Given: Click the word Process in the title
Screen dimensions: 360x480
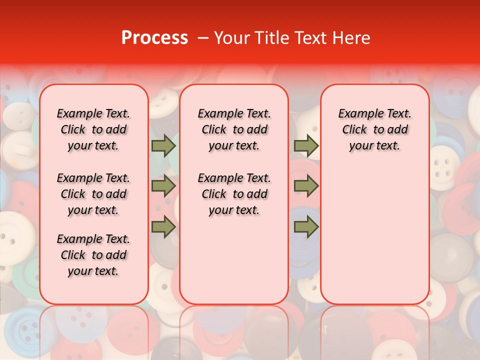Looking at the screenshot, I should click(x=154, y=38).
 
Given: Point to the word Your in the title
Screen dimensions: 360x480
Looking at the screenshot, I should click(x=233, y=38).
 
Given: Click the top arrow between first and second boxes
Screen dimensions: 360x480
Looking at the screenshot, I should click(x=163, y=146).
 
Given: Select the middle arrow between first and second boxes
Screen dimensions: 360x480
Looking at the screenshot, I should click(x=163, y=186).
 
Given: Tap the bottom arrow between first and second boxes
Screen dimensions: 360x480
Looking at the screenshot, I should click(x=163, y=227).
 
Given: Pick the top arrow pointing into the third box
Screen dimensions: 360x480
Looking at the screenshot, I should click(x=306, y=146).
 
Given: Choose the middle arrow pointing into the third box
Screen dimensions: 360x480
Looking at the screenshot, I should click(x=306, y=186).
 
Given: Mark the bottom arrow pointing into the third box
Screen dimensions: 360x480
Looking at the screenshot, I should click(x=306, y=227).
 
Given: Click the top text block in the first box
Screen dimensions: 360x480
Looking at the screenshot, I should click(x=93, y=129).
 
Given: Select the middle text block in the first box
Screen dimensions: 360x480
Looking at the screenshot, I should click(x=93, y=194).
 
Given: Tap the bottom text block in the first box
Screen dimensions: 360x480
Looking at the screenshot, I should click(x=93, y=255).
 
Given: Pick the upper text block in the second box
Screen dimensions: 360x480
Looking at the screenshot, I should click(x=234, y=129).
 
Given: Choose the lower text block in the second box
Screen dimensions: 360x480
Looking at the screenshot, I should click(x=234, y=194).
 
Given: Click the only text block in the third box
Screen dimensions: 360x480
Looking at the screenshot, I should click(x=374, y=129).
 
